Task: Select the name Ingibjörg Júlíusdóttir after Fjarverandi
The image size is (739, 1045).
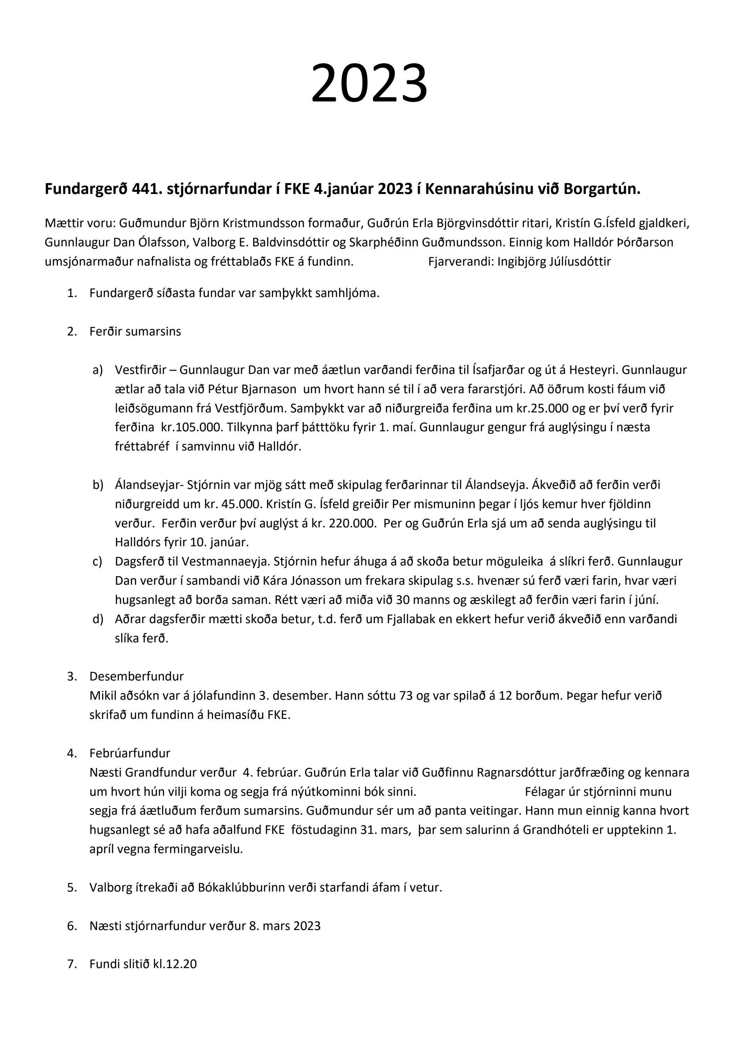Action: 554,262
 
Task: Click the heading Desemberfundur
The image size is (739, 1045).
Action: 137,676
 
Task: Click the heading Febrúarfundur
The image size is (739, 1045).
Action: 130,753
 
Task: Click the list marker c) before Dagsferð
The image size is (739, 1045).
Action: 97,562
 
